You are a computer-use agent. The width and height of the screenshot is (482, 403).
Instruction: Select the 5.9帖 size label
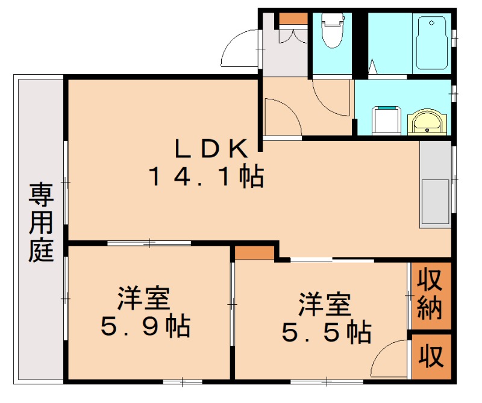(146, 327)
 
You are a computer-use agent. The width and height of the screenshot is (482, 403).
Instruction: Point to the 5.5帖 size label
(326, 331)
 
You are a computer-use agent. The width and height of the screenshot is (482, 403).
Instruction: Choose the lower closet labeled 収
(431, 357)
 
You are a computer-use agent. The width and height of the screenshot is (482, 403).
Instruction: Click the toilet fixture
(331, 31)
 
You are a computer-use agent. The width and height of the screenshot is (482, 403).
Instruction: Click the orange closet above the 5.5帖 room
(254, 252)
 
